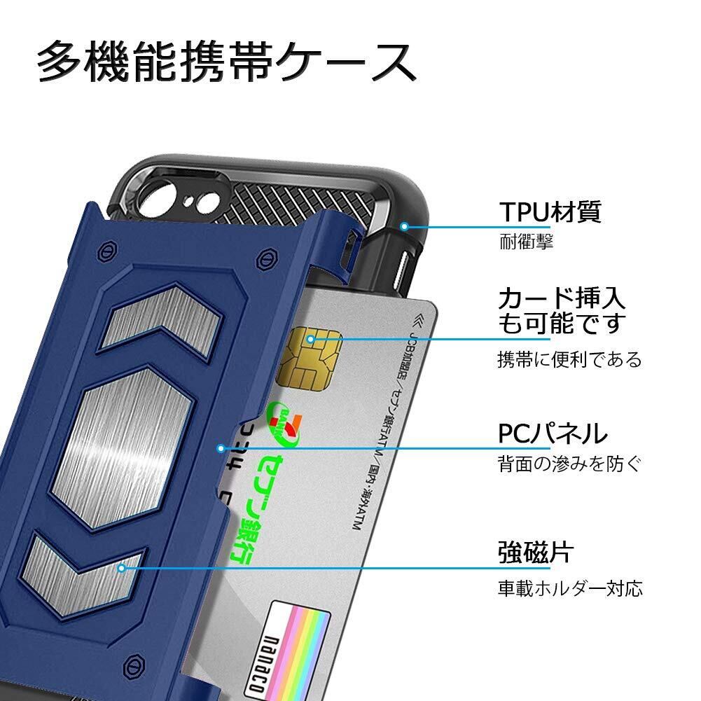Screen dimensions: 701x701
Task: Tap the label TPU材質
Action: coord(550,211)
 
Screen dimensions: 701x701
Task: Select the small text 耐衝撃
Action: coord(526,243)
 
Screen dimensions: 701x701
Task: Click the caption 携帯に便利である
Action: coord(569,361)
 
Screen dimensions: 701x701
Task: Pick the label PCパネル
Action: coord(553,434)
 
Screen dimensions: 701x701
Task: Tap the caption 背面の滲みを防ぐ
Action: coord(569,464)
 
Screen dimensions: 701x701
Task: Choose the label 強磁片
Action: coord(535,553)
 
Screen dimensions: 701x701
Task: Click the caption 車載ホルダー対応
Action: coord(569,588)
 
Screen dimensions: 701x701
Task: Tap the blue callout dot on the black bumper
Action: coord(403,226)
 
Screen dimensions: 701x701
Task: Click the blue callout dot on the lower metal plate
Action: coord(122,568)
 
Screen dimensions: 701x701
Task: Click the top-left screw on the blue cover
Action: coord(107,251)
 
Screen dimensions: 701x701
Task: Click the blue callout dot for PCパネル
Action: coord(221,448)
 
